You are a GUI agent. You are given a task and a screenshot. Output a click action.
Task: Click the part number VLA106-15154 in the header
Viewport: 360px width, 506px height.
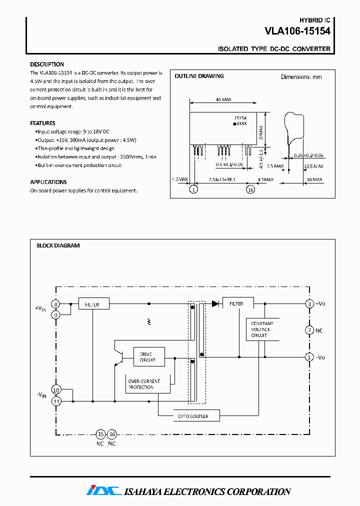297,30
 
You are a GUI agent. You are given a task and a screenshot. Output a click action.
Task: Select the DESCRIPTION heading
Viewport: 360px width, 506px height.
47,64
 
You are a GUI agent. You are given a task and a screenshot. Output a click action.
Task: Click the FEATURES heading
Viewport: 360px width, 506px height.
42,123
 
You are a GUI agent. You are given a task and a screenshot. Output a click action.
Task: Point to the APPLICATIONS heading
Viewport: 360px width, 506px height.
48,182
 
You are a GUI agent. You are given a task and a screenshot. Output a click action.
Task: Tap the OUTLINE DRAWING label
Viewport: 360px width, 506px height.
199,76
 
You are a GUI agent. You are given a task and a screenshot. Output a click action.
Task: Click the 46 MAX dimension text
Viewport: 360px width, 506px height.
223,99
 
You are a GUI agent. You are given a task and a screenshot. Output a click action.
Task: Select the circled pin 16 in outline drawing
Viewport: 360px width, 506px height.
250,189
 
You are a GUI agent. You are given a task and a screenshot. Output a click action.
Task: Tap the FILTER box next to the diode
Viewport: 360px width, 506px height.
237,303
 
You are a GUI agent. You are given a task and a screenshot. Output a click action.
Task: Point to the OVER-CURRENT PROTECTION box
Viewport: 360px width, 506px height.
144,384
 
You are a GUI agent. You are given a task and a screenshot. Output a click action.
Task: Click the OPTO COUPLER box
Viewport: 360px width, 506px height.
192,415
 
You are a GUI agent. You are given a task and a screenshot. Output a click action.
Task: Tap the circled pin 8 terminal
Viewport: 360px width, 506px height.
56,303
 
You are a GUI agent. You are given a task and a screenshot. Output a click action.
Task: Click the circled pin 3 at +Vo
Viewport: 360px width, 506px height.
309,303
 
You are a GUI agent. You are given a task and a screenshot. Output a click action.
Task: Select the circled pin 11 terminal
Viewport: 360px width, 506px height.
56,401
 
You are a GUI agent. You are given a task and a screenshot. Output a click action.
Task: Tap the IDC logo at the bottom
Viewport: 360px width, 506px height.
104,490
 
